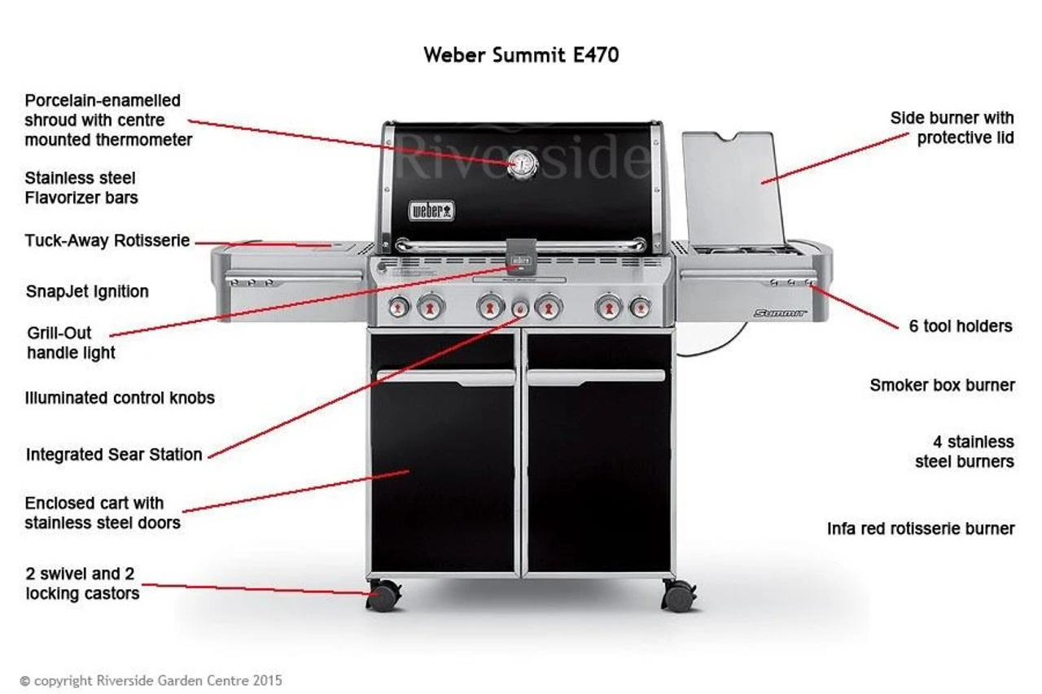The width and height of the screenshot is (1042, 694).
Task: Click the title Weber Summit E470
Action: pos(521,55)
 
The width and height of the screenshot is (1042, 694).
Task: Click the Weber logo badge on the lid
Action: pos(431,211)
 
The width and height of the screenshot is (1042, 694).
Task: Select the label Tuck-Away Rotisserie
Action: pos(107,241)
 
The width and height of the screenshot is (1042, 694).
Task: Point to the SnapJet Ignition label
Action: pos(87,291)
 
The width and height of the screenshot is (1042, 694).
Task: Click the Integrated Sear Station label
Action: pos(114,455)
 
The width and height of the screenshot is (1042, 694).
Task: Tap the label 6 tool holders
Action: pos(960,326)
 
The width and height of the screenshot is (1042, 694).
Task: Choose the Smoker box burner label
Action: pos(942,385)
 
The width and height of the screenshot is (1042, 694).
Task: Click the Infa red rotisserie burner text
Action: pos(921,529)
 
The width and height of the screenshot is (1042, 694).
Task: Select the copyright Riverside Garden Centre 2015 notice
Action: pos(151,680)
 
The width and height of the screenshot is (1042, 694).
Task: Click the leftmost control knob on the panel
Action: pos(399,307)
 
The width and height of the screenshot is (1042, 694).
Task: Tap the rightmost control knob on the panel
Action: pos(641,307)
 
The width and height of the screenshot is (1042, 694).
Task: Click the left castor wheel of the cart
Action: pos(383,596)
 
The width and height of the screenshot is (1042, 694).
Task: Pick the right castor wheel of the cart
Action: pos(678,596)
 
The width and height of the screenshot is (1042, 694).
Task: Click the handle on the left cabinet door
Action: pos(445,377)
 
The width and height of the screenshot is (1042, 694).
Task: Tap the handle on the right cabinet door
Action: pos(596,377)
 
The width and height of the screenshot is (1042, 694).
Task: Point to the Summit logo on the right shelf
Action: pos(779,312)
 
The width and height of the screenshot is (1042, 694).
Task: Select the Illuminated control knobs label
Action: pos(120,398)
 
